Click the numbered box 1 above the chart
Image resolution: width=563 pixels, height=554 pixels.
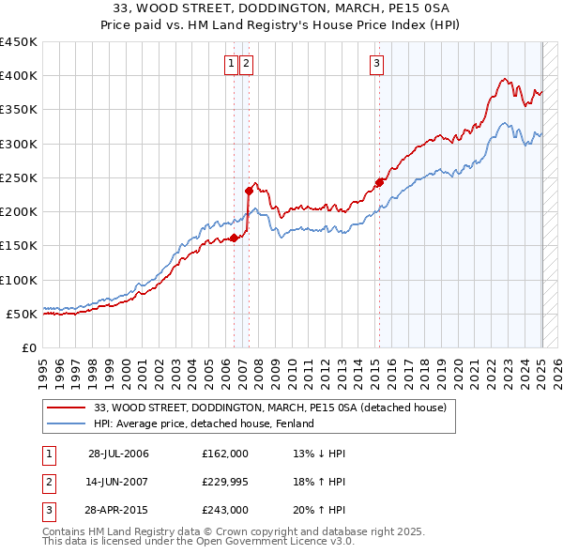(x=231, y=64)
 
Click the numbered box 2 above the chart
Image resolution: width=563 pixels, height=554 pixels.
(x=246, y=64)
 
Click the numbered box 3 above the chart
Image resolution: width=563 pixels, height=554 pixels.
(x=376, y=64)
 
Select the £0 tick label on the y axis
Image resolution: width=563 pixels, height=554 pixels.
(x=28, y=347)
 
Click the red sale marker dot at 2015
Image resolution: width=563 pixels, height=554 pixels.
(x=379, y=182)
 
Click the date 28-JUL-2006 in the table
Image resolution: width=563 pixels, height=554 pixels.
(x=118, y=454)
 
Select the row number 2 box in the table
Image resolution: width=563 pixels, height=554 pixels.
(x=46, y=482)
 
